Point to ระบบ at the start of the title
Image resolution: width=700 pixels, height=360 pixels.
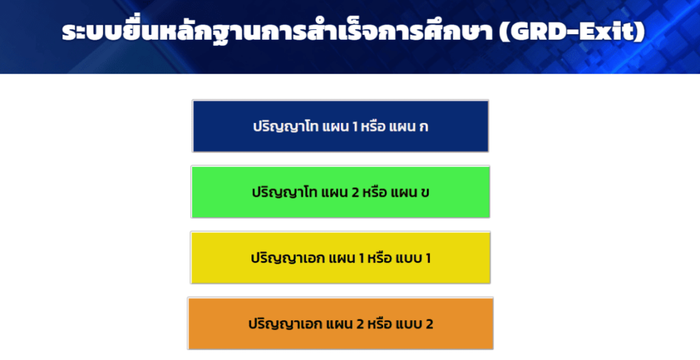click(92, 31)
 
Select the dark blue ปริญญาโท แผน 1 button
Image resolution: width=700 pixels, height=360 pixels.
click(340, 126)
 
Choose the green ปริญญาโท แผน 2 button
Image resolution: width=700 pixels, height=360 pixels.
click(340, 192)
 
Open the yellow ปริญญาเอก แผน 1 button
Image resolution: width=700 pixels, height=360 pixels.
click(340, 258)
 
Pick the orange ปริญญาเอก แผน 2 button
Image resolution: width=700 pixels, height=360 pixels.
click(340, 323)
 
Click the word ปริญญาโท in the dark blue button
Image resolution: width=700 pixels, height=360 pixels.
click(286, 126)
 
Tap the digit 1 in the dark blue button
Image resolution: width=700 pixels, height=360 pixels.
click(355, 126)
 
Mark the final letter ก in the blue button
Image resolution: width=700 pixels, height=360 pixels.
click(424, 127)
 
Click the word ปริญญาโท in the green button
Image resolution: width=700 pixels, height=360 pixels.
click(284, 192)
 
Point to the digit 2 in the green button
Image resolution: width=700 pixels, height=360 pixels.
click(355, 192)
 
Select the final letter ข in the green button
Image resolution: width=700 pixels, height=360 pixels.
click(425, 193)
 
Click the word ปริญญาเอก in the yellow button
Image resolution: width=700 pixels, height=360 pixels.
click(288, 258)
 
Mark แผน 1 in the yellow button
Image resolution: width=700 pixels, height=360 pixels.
click(347, 258)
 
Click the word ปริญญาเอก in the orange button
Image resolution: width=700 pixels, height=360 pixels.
click(285, 324)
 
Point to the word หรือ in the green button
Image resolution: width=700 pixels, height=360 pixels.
click(375, 192)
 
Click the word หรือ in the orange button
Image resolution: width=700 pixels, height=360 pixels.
click(379, 323)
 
